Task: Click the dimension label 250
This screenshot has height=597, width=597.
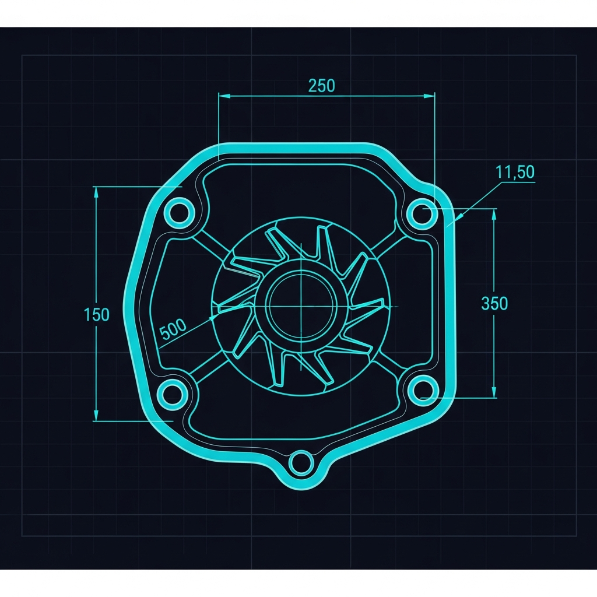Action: point(322,86)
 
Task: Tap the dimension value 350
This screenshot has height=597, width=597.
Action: point(494,303)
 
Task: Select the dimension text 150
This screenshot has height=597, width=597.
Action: point(96,314)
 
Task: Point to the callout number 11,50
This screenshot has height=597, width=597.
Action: point(515,172)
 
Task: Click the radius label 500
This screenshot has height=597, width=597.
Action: point(173,329)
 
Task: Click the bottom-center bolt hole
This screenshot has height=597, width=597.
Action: point(301,463)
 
